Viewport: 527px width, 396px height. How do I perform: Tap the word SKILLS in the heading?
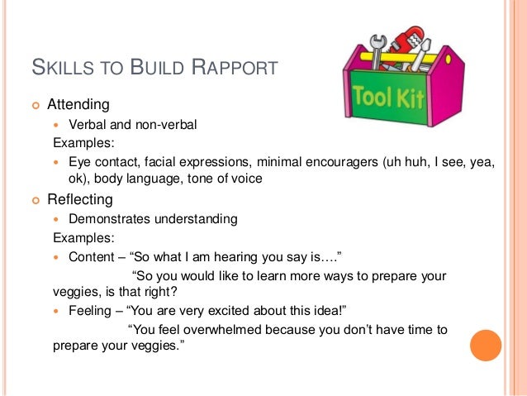57,67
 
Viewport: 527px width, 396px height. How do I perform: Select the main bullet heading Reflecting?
81,200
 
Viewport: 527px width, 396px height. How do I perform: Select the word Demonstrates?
111,219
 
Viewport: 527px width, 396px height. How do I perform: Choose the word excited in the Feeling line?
223,309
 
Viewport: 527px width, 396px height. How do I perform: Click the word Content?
93,256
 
